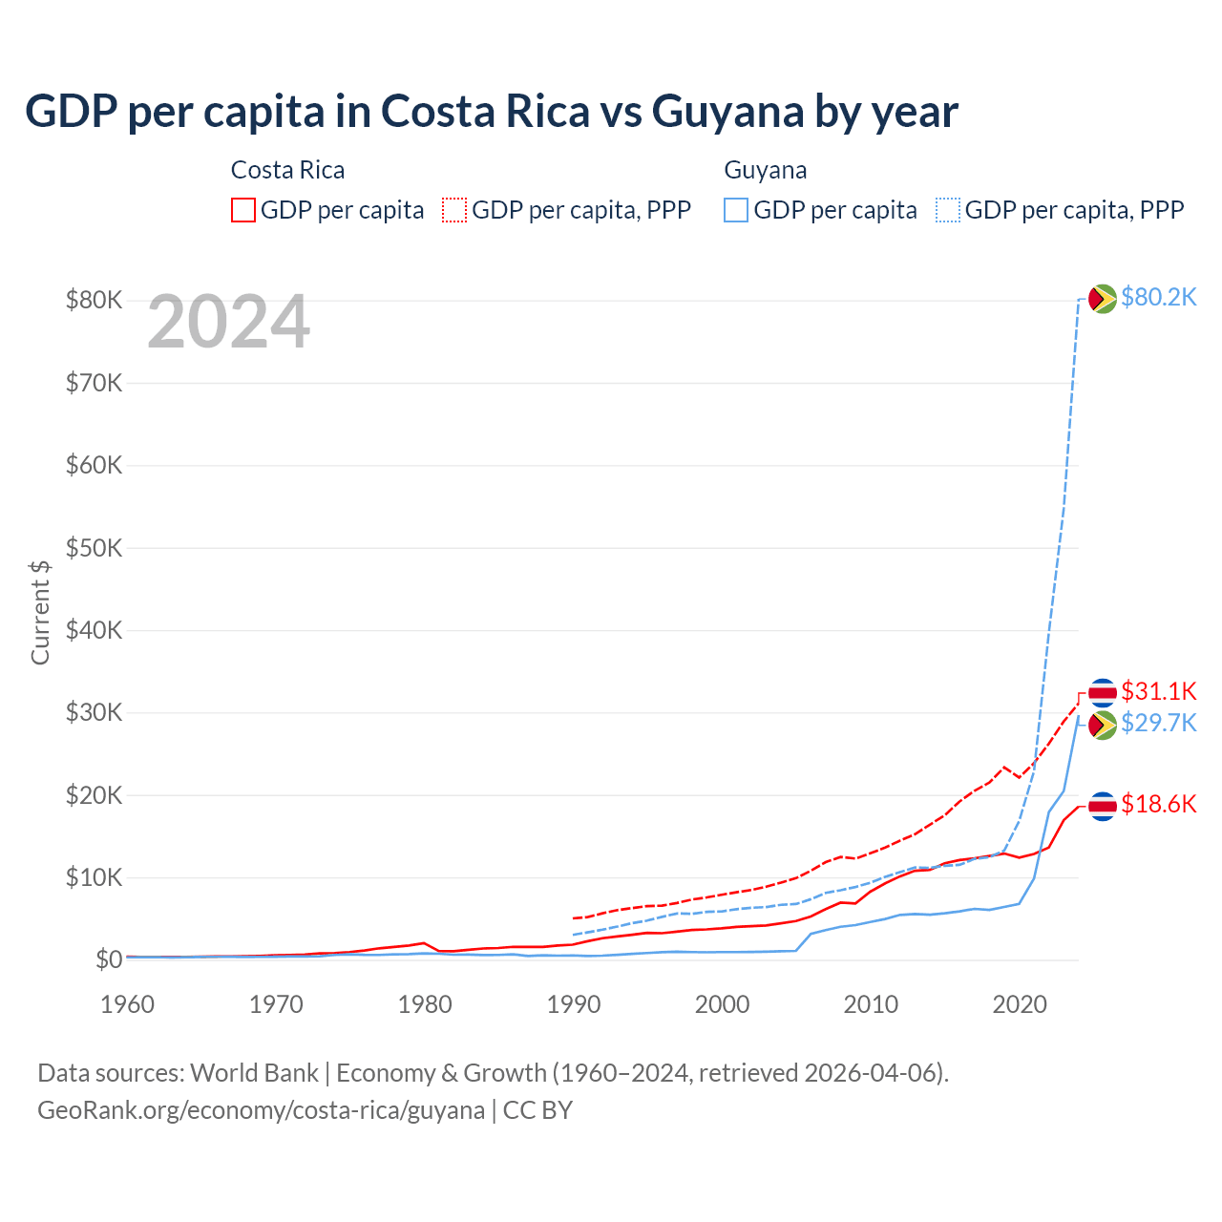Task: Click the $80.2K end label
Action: [1158, 297]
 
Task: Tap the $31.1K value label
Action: [1158, 691]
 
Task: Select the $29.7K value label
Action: [1158, 723]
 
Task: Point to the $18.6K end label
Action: [1158, 804]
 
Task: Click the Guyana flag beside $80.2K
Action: [1103, 299]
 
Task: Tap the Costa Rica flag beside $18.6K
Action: [1103, 806]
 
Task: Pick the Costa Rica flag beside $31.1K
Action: [1103, 692]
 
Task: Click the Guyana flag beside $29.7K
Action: [1103, 725]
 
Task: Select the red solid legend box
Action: [243, 210]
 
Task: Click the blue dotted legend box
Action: [948, 210]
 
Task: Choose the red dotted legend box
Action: [454, 210]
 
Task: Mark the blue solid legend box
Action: [736, 210]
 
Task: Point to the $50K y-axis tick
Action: [94, 548]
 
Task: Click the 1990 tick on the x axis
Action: [574, 1004]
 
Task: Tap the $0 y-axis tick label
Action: [108, 959]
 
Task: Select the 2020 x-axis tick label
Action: [1020, 1004]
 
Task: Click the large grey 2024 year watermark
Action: [228, 323]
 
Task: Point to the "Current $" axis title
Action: [40, 612]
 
